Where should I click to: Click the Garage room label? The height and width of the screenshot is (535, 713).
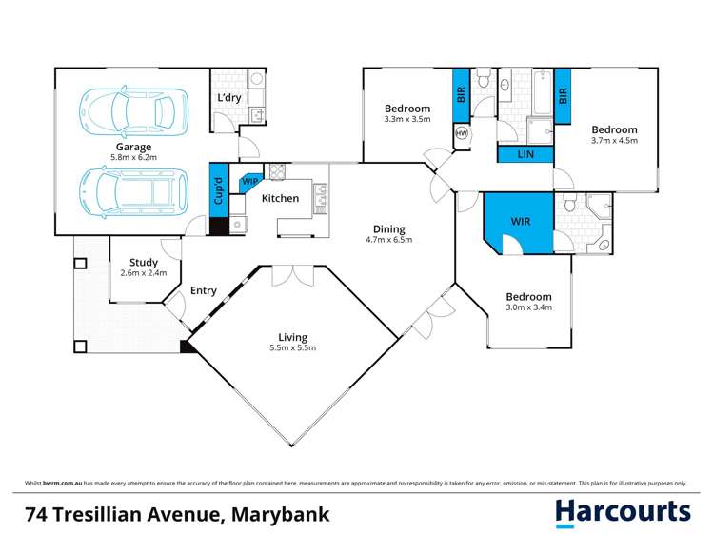point(131,148)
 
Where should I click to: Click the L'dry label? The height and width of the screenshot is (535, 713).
point(229,99)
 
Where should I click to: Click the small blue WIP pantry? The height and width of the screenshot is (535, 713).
point(250,180)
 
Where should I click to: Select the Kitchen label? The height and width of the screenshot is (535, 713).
point(280,199)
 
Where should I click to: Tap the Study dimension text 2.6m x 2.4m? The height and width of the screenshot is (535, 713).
point(144,273)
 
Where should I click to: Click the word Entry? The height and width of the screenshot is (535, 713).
point(204,291)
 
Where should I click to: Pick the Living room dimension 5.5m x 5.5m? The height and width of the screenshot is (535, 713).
point(292,348)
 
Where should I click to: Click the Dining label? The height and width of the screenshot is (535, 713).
point(388,229)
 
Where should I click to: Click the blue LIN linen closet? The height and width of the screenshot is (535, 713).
point(525,153)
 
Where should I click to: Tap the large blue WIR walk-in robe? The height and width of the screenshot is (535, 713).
point(521,222)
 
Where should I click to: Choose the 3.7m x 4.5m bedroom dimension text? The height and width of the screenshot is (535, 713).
point(613,141)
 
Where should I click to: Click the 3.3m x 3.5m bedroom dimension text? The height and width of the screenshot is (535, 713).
point(407,120)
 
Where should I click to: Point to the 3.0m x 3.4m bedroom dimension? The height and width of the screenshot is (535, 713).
point(527,308)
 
